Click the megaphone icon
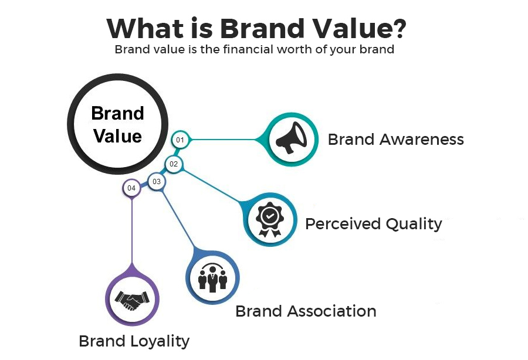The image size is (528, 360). coord(292,139)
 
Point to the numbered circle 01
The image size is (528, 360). coord(180,140)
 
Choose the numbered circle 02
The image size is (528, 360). coord(174,164)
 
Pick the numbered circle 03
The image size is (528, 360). coord(157,182)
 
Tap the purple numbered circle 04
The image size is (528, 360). coord(131,188)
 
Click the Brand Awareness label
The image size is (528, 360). coord(395,140)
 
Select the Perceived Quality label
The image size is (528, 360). coord(373,224)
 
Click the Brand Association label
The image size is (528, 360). coord(306,311)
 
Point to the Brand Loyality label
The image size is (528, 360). coord(134,341)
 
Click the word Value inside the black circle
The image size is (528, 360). coord(118,136)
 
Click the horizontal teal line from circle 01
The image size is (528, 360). coord(226,140)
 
